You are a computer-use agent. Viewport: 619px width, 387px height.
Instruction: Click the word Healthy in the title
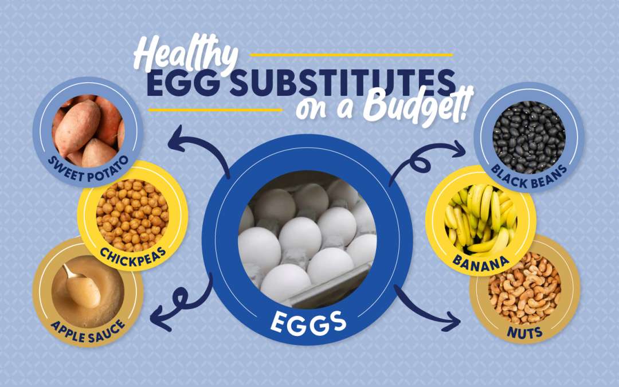[186, 54]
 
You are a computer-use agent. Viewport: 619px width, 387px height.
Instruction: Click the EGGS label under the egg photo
[308, 323]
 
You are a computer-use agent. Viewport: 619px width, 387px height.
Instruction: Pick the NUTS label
[524, 333]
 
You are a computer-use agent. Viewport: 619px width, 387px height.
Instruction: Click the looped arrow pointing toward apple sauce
[186, 302]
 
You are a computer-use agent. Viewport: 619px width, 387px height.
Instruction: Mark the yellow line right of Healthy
[351, 55]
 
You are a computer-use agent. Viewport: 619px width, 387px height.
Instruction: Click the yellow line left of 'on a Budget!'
[215, 110]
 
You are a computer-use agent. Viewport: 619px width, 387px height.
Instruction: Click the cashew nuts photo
[524, 288]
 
